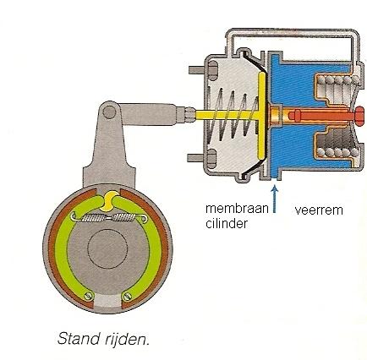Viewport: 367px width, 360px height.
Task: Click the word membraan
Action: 237,209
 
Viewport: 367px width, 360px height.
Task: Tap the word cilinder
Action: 227,224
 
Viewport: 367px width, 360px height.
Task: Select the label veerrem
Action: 319,210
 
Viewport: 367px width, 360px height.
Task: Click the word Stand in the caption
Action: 76,338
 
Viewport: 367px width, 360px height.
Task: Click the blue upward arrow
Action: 275,198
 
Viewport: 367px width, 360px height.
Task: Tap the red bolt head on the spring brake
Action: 358,116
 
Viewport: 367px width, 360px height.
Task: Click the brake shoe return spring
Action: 110,217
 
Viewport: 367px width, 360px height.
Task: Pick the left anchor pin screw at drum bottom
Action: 89,296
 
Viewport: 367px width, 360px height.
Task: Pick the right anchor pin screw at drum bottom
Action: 127,296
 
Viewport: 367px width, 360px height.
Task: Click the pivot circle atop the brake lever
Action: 109,112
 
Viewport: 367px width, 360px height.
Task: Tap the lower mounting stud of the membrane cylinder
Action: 200,157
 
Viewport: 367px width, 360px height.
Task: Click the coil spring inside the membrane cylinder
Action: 233,115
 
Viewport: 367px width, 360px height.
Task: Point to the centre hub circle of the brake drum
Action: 107,248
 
